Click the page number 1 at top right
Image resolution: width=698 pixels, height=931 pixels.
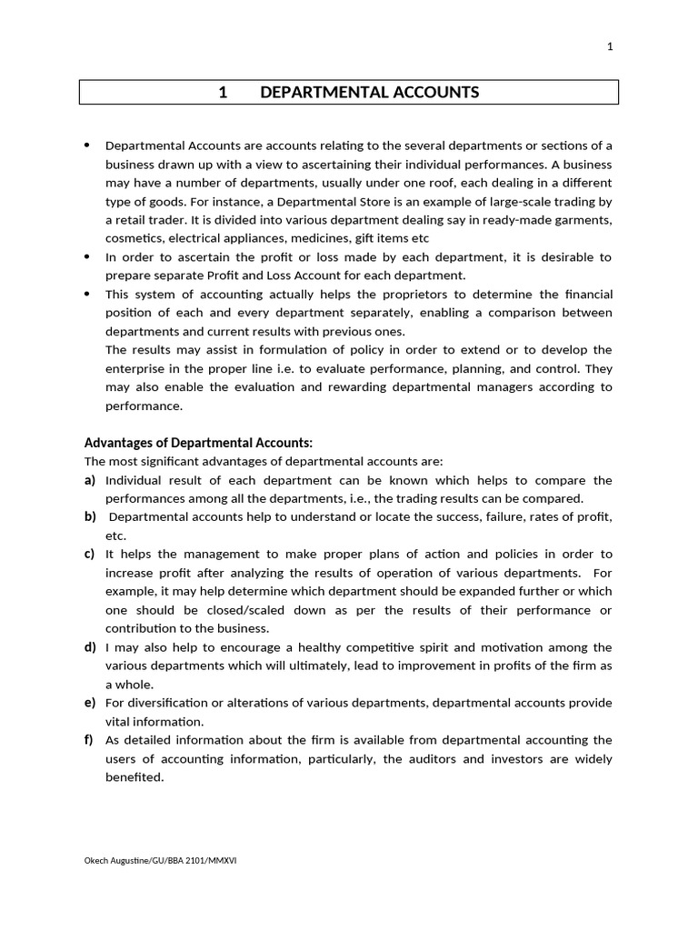point(610,48)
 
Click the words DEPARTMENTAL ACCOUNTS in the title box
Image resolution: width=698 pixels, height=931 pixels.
point(369,92)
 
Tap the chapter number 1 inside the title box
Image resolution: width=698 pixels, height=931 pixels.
point(223,92)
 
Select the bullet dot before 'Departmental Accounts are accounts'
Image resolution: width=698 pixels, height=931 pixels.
point(87,145)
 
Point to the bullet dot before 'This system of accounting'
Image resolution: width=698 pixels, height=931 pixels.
point(87,294)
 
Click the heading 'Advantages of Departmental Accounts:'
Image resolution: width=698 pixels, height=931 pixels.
point(198,443)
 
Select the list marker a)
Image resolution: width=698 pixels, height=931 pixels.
point(90,480)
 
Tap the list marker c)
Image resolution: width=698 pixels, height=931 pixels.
point(90,554)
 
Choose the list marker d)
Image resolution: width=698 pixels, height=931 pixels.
point(90,647)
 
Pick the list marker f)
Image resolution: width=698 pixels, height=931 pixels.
point(90,740)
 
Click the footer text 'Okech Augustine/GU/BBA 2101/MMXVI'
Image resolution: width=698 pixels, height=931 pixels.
point(160,860)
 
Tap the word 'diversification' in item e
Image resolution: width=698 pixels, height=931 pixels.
point(169,703)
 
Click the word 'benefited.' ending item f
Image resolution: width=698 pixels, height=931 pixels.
point(135,777)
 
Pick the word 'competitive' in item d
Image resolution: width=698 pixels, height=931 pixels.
point(349,647)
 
